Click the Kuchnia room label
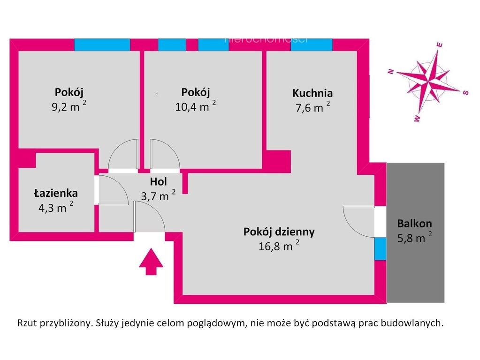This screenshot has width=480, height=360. pos(312,93)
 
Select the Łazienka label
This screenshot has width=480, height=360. pos(56,193)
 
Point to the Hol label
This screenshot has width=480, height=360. pos(158,182)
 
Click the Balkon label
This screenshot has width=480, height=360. pos(414,224)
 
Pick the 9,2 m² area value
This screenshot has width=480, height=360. pos(69,106)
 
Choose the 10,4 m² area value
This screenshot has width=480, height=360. pos(195,106)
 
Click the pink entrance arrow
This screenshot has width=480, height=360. pos(151,262)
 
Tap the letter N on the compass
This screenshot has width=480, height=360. pos(390,72)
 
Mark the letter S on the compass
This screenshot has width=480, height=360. pos(465,92)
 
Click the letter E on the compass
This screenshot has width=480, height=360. pos(440,45)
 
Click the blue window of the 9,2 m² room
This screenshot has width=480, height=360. pos(102,45)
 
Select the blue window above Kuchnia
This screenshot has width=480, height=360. pos(312,45)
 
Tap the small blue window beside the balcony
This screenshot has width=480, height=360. pos(381,248)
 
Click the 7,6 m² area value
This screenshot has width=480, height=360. pos(312,107)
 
